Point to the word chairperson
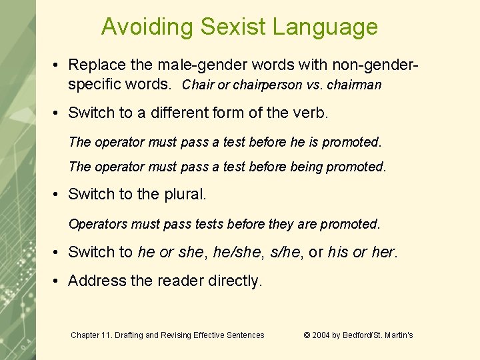(255, 85)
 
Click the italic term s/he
(286, 252)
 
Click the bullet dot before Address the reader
(58, 281)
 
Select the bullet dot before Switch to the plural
(58, 194)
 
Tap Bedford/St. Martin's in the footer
(379, 335)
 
